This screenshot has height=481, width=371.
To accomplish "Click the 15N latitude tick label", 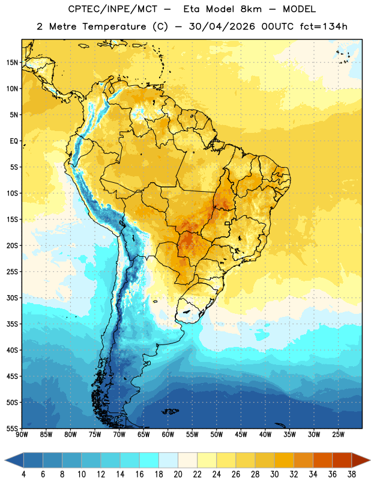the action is (x=12, y=63).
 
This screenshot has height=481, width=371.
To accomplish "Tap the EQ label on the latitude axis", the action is (x=14, y=141).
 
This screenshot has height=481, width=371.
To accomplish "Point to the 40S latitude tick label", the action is (x=12, y=350).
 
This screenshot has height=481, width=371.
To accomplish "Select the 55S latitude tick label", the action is (x=12, y=428).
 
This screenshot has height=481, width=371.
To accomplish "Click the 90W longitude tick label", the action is (x=22, y=435).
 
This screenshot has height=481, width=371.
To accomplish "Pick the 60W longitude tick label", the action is (x=168, y=435).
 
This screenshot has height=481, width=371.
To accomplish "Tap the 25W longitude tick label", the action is (x=338, y=435).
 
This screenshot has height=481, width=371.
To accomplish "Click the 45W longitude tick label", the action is (x=241, y=435).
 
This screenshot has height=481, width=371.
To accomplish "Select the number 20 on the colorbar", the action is (x=178, y=474).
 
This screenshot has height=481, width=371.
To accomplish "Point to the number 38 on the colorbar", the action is (x=352, y=474).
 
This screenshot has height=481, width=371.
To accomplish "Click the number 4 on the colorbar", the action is (x=23, y=474).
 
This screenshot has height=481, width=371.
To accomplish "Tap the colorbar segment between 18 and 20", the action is (x=168, y=460).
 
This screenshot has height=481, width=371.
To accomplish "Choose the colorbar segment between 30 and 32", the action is (x=284, y=460).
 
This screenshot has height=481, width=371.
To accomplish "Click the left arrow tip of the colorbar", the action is (x=5, y=460).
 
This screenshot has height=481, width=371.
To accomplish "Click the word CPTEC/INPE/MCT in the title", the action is (x=113, y=9).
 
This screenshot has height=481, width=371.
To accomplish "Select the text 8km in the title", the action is (x=251, y=9).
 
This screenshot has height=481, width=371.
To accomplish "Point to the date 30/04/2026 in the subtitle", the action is (x=222, y=26).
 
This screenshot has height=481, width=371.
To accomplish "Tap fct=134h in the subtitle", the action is (x=324, y=26).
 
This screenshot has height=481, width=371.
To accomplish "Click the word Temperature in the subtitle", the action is (x=114, y=27).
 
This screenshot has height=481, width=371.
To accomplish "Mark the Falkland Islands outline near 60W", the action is (x=170, y=411).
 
